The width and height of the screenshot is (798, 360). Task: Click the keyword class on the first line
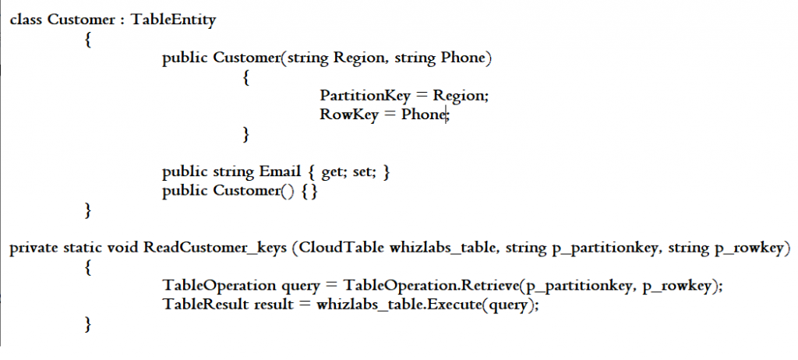tap(26, 20)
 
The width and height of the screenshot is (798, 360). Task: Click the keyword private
tap(32, 249)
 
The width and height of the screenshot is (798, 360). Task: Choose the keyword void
tap(121, 249)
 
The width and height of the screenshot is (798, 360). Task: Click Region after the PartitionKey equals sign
tap(460, 96)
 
